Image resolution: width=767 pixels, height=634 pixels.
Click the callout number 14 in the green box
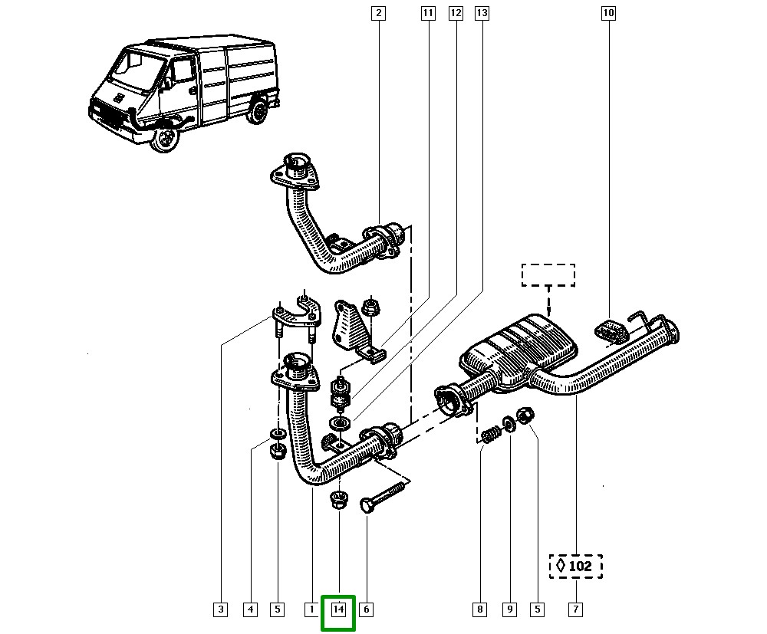(338, 610)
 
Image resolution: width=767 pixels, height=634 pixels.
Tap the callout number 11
(428, 13)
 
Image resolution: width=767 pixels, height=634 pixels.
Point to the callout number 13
(482, 13)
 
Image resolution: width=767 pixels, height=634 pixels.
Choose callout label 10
(608, 13)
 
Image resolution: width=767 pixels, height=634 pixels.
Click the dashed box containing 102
(575, 567)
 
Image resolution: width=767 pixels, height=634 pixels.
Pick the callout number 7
(575, 610)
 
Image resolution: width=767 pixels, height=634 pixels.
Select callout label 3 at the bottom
(220, 610)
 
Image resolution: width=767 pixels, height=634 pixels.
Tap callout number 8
(479, 610)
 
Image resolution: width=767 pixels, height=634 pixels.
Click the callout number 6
(366, 610)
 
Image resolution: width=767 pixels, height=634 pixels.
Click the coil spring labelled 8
(489, 436)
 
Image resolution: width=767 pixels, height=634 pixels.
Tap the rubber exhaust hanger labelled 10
(609, 330)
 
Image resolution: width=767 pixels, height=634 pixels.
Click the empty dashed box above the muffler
(548, 275)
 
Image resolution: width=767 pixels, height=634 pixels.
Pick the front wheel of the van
(164, 139)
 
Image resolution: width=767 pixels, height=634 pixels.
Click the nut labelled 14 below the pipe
(338, 501)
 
